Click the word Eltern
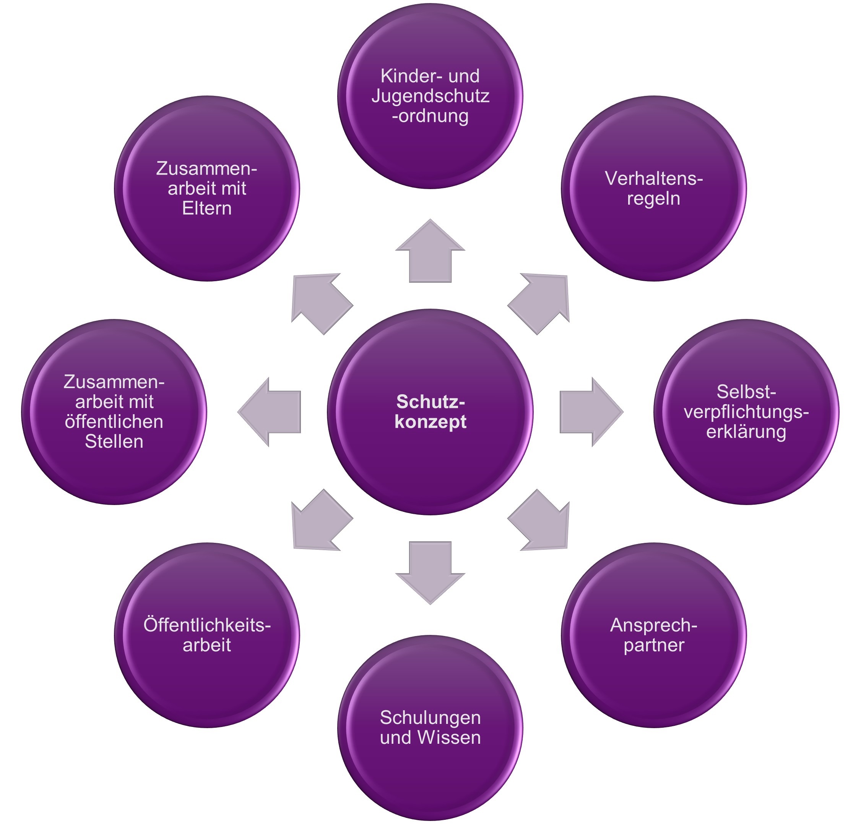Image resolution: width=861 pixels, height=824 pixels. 206,209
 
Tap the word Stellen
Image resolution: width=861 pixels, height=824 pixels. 114,442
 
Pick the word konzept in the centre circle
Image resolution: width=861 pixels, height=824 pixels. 430,422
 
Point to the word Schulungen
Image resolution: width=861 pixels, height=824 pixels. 430,717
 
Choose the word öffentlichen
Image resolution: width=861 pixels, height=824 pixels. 114,422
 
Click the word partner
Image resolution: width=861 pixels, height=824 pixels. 653,645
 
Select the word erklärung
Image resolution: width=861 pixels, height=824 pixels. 746,432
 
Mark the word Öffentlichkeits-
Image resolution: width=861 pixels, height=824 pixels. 206,625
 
